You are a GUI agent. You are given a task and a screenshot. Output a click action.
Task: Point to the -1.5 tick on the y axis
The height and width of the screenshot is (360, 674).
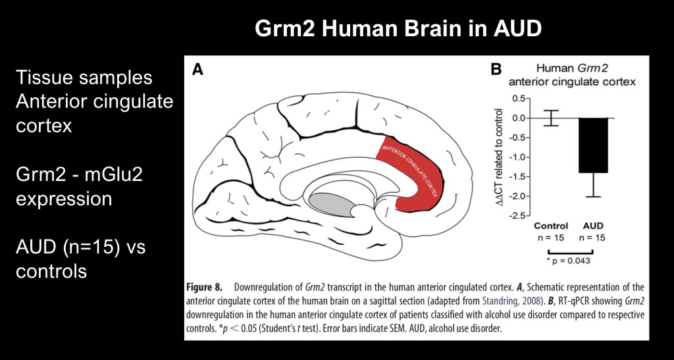tap(528, 176)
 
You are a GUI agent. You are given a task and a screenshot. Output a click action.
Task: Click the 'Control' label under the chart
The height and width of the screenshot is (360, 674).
tap(552, 226)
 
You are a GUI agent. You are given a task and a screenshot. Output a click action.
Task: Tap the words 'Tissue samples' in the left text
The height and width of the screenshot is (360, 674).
tap(84, 78)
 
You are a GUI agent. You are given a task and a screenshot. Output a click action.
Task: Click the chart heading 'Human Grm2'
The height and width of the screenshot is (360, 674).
tap(571, 68)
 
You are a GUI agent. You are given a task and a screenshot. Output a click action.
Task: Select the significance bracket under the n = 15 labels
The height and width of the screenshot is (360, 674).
tap(572, 251)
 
